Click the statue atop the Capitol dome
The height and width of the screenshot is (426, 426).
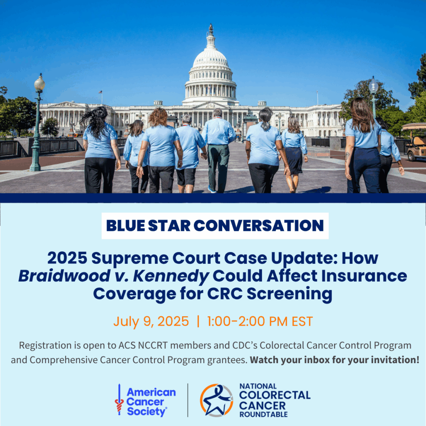coord(211,29)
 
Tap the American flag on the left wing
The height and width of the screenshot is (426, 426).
coord(100,92)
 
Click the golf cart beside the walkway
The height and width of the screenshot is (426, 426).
coord(414,141)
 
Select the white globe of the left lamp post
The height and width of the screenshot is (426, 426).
coord(40,83)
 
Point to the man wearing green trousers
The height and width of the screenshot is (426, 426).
coord(218,151)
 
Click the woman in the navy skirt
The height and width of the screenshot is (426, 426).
coord(294,154)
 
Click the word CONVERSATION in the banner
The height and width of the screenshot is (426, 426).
coord(259,225)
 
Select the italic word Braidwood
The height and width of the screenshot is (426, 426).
coord(64,276)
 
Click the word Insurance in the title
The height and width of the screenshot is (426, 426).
coord(364,276)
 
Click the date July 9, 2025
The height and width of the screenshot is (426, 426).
coord(151,322)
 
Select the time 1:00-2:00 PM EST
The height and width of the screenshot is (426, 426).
coord(260,322)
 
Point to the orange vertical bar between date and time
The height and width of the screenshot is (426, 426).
coord(198,322)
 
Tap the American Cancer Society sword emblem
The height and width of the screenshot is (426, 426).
coord(119,399)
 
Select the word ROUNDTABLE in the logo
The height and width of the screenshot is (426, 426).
coord(263,414)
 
